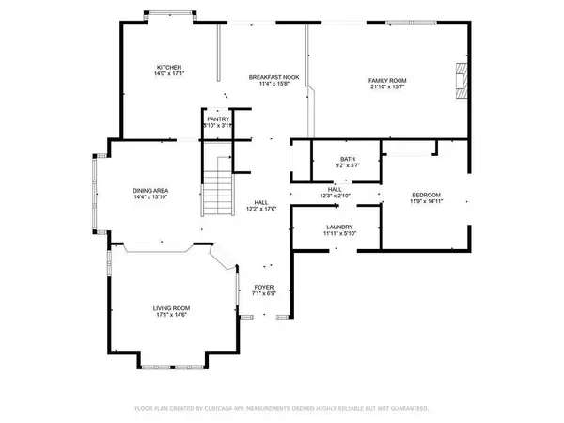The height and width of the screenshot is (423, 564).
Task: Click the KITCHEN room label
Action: click(x=169, y=68)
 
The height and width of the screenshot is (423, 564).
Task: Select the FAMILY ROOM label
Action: click(x=386, y=82)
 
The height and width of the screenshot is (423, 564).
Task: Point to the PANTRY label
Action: click(x=218, y=119)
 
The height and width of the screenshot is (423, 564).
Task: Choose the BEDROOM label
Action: click(x=425, y=194)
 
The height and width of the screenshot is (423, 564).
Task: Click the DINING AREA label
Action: click(x=150, y=191)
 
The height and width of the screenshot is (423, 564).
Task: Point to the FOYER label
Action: click(x=264, y=288)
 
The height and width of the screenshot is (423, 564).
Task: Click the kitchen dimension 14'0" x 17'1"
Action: click(x=169, y=75)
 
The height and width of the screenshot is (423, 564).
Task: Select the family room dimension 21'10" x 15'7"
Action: click(x=386, y=88)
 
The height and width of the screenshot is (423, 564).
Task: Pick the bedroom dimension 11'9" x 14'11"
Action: click(x=425, y=200)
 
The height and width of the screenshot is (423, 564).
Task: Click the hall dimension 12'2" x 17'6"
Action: click(x=263, y=209)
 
